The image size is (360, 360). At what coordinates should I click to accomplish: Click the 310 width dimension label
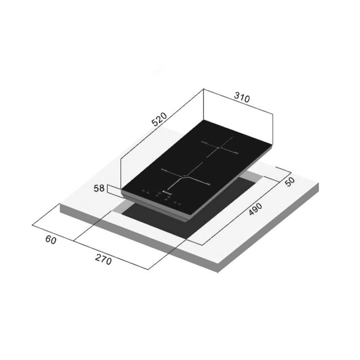coord(242,98)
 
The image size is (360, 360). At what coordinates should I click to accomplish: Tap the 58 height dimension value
coord(99,188)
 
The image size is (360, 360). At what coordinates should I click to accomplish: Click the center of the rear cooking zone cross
coord(219,148)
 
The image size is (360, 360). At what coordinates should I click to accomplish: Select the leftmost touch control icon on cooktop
coord(143,191)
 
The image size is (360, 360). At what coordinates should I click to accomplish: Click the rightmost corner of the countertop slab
coord(319,184)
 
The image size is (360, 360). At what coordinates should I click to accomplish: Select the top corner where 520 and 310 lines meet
coord(203,89)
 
